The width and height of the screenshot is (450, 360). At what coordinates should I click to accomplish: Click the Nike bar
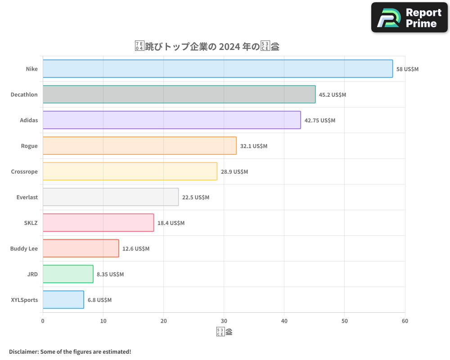pyautogui.click(x=218, y=69)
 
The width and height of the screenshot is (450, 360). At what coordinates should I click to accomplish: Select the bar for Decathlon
pyautogui.click(x=179, y=94)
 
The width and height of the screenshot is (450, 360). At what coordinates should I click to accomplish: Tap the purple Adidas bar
pyautogui.click(x=171, y=120)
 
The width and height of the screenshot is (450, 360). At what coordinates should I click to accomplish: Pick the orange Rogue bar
pyautogui.click(x=139, y=146)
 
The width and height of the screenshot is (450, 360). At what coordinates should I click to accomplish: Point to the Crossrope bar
pyautogui.click(x=130, y=171)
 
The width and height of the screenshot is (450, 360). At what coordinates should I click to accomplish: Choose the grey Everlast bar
pyautogui.click(x=111, y=197)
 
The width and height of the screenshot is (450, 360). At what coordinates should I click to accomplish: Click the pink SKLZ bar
pyautogui.click(x=98, y=223)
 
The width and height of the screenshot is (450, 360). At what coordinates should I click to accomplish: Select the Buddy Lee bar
pyautogui.click(x=81, y=248)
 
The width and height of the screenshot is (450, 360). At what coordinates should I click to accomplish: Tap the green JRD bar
pyautogui.click(x=68, y=274)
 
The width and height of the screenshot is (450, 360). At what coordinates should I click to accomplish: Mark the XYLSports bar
pyautogui.click(x=63, y=300)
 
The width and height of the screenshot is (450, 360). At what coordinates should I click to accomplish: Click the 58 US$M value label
pyautogui.click(x=407, y=69)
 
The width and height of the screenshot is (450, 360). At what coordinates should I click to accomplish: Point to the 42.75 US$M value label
pyautogui.click(x=320, y=121)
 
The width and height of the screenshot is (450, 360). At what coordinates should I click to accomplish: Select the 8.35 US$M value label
pyautogui.click(x=110, y=274)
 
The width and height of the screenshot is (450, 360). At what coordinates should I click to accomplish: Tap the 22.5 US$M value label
pyautogui.click(x=196, y=198)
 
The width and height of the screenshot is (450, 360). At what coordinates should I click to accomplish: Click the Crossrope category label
pyautogui.click(x=24, y=172)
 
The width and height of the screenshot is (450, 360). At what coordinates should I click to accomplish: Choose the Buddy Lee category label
pyautogui.click(x=24, y=249)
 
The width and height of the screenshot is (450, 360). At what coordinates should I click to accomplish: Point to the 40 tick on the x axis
pyautogui.click(x=284, y=321)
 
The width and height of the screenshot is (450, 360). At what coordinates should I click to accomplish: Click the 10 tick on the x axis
pyautogui.click(x=103, y=321)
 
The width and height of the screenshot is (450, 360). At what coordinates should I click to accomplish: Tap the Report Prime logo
pyautogui.click(x=409, y=18)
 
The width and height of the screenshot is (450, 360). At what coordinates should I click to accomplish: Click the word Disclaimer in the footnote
pyautogui.click(x=23, y=351)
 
